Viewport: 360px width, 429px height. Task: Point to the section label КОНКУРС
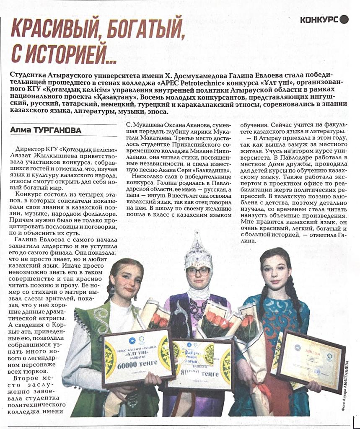tap(319, 20)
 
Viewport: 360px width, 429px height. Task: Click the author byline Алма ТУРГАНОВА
tap(46, 131)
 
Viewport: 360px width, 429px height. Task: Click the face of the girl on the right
tap(276, 273)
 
